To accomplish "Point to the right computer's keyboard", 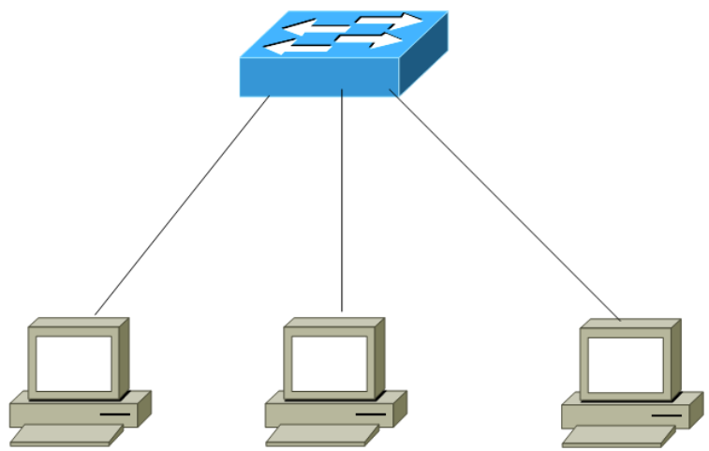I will pyautogui.click(x=617, y=436).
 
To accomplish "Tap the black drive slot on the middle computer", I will pyautogui.click(x=370, y=413).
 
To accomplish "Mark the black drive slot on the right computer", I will pyautogui.click(x=666, y=413).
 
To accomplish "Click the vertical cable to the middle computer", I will pyautogui.click(x=342, y=202).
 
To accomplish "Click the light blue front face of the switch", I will pyautogui.click(x=318, y=77).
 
